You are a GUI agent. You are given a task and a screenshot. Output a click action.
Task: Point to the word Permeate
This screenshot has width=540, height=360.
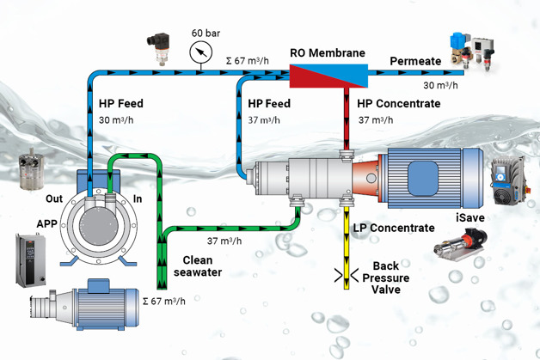click(x=415, y=62)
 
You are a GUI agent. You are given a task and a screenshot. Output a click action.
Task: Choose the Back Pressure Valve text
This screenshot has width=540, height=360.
click(x=390, y=278)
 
